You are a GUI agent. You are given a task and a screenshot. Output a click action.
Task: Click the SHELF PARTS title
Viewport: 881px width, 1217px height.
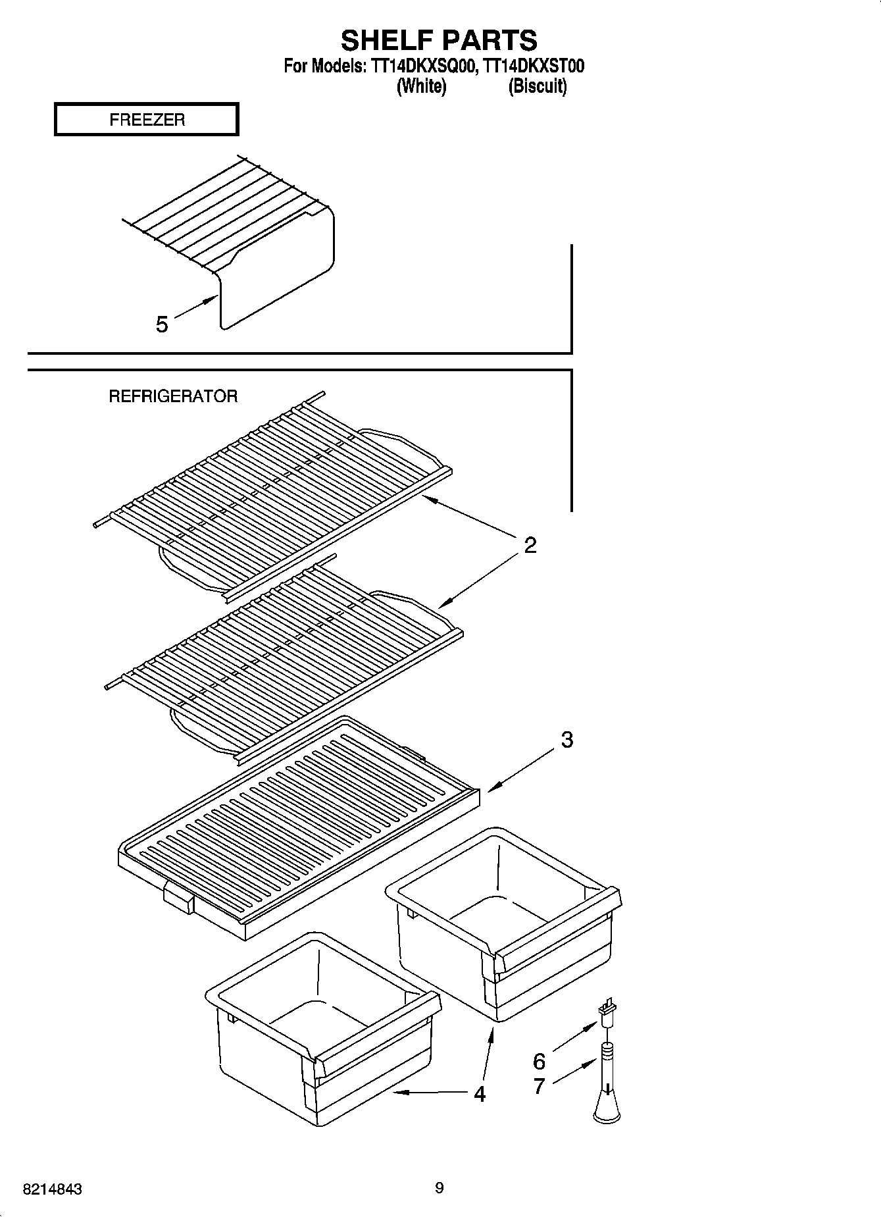(x=439, y=41)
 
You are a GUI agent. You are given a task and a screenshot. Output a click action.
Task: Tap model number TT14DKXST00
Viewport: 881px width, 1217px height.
(x=533, y=66)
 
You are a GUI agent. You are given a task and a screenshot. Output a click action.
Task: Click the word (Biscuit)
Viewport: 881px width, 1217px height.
(x=537, y=86)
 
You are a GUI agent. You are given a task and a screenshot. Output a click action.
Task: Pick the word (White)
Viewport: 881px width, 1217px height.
(x=421, y=86)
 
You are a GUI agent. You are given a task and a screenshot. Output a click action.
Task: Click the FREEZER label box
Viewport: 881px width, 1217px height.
(x=146, y=120)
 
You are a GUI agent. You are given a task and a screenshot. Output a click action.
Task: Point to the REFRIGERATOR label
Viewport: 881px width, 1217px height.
(x=172, y=396)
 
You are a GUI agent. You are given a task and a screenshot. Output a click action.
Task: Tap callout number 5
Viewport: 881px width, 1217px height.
(x=161, y=324)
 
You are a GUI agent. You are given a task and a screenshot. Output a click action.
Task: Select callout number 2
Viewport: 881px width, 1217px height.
(x=530, y=545)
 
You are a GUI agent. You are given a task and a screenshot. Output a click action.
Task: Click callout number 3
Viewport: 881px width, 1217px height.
(x=566, y=740)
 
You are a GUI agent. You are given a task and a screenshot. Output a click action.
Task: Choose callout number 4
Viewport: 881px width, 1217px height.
(x=480, y=1094)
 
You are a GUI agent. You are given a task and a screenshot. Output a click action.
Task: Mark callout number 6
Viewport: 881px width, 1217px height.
(x=539, y=1062)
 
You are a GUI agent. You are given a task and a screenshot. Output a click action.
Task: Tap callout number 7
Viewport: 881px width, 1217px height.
(x=539, y=1086)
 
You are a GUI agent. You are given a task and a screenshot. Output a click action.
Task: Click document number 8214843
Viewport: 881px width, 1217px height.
(x=52, y=1190)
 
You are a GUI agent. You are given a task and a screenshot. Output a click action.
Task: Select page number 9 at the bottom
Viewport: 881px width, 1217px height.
(x=439, y=1188)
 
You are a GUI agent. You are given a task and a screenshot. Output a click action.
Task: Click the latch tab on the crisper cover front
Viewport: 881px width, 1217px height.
(x=178, y=897)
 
